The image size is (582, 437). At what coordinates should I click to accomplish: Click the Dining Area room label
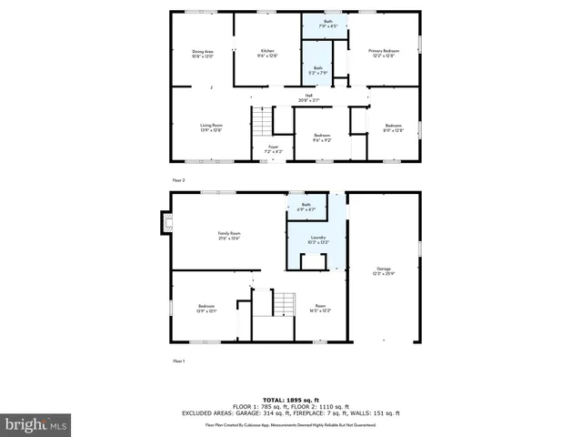pos(202,54)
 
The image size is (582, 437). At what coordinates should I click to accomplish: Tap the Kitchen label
pos(267,53)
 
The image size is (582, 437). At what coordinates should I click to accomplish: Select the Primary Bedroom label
pos(383,53)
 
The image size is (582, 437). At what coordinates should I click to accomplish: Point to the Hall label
pos(309,98)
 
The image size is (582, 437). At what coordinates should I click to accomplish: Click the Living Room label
pos(211,127)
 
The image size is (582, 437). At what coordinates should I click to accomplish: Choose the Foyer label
pos(273,148)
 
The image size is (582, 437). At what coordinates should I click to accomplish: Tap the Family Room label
pos(228,237)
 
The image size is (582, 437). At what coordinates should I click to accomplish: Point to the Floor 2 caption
pos(178,180)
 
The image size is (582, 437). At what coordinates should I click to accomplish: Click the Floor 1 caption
pos(178,361)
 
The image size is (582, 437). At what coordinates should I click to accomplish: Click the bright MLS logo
pos(36,424)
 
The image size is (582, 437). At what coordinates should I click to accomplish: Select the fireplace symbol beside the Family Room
pos(166,222)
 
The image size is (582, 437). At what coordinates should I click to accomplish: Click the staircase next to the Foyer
pos(262,119)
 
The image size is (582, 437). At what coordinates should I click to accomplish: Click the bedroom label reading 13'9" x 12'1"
pos(208,309)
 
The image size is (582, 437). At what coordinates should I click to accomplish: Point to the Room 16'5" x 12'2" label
pos(319,309)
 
